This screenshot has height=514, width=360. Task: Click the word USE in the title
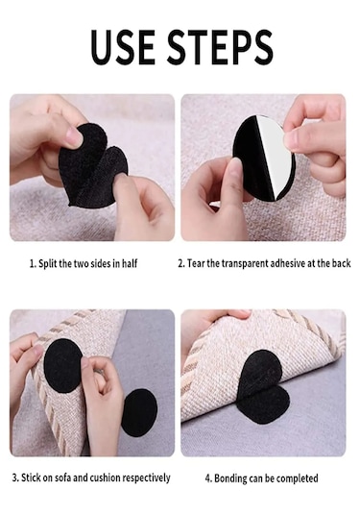point(123,47)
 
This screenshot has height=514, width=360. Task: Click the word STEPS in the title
point(220,47)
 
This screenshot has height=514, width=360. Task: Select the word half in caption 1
point(130,263)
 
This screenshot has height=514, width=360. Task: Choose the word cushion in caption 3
point(105,477)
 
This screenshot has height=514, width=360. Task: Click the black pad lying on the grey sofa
point(139,412)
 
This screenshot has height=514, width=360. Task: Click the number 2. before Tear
point(181,263)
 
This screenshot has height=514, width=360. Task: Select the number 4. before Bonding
point(208,478)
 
